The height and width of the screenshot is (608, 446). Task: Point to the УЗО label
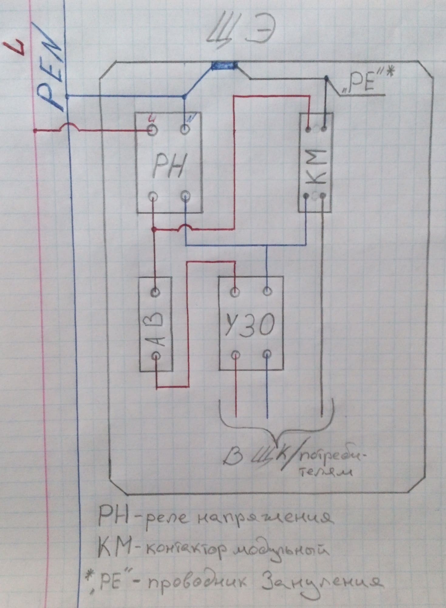click(250, 325)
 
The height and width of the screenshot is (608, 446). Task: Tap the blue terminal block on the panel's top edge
click(225, 65)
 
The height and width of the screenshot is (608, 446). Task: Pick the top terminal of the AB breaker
click(155, 292)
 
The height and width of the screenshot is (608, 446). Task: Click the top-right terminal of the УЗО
click(267, 291)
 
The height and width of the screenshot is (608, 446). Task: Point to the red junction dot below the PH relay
click(154, 229)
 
